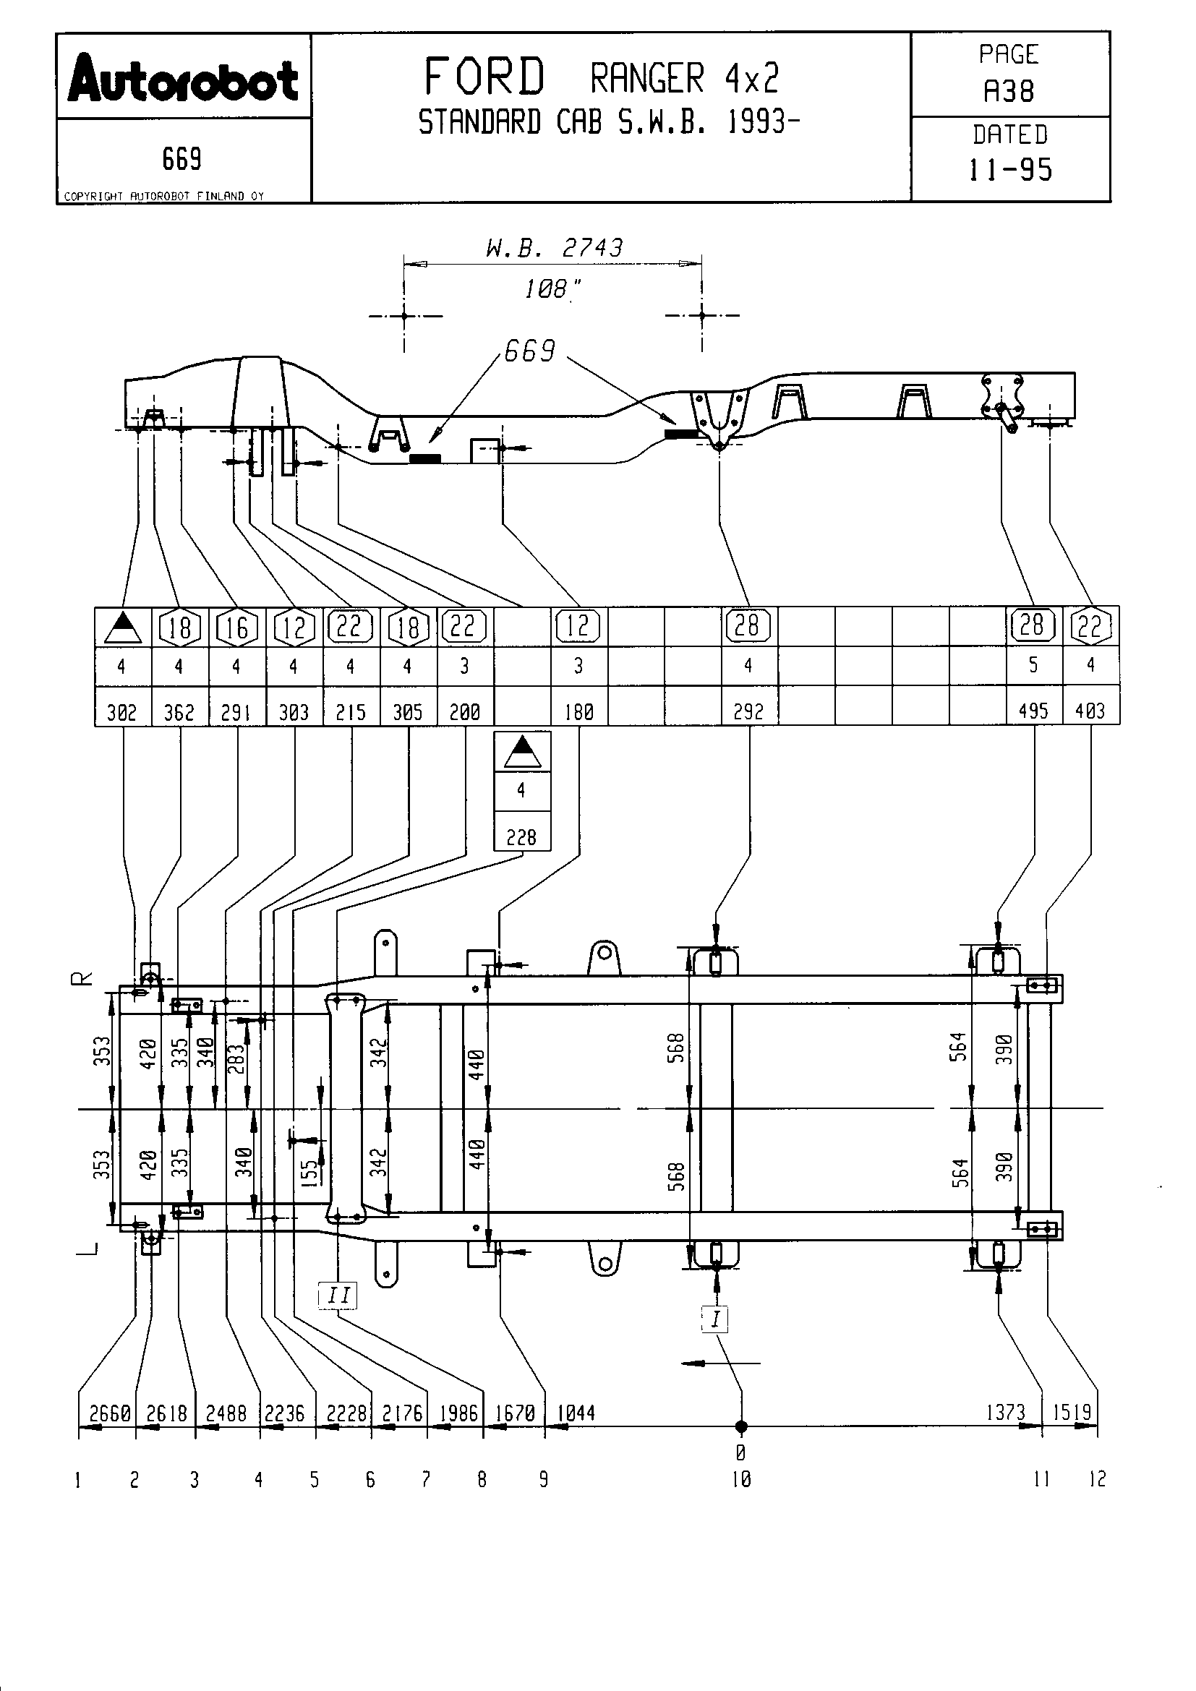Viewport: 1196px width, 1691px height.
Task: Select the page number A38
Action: tap(1009, 91)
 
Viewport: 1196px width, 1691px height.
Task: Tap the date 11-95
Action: tap(1009, 170)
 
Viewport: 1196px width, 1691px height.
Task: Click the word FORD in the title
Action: tap(484, 77)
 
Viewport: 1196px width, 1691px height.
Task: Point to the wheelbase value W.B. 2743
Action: tap(554, 247)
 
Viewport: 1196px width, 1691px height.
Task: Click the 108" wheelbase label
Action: tap(551, 288)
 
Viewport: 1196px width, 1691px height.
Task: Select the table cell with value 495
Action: tap(1033, 711)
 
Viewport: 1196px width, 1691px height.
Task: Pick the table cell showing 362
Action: tap(179, 711)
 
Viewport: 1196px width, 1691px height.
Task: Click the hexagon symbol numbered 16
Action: tap(236, 628)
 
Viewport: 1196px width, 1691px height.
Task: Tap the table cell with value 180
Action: tap(578, 711)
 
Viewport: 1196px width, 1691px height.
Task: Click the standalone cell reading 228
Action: tap(521, 836)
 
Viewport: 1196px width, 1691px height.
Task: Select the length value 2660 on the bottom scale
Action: tap(110, 1413)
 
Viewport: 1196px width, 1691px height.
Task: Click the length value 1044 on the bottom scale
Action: tap(575, 1413)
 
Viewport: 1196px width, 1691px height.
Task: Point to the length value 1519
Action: tap(1072, 1413)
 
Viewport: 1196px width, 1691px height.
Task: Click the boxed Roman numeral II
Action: tap(338, 1295)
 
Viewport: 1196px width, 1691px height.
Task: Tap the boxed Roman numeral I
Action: tap(715, 1319)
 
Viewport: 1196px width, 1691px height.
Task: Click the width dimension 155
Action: tap(310, 1171)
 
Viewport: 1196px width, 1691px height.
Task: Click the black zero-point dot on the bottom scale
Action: tap(741, 1426)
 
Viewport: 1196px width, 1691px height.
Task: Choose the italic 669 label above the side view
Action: tap(529, 351)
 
